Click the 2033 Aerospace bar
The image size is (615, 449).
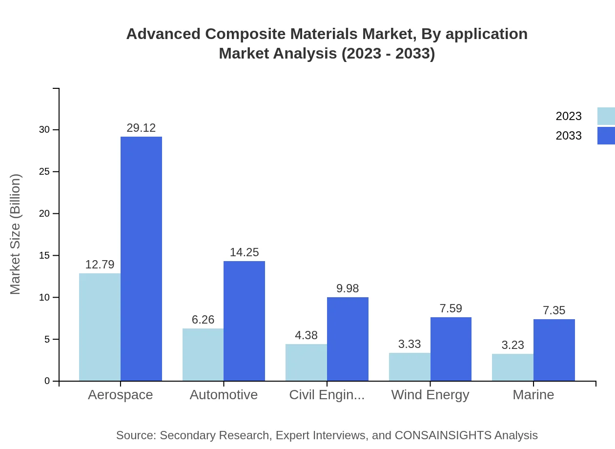pos(141,259)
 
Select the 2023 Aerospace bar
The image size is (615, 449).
pos(100,327)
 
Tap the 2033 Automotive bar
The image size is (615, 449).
pos(244,321)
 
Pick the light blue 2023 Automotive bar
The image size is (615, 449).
pos(203,354)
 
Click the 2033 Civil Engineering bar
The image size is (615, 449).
pos(348,339)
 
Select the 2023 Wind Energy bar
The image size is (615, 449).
pos(410,367)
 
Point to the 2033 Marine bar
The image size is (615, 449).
pos(554,350)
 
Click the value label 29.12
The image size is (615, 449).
pos(141,128)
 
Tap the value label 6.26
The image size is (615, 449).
pos(203,320)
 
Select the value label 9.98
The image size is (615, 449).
pos(348,288)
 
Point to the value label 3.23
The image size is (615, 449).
pos(512,345)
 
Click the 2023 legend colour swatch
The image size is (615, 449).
pos(606,116)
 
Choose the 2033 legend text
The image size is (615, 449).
pos(569,136)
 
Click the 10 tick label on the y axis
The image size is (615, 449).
pos(45,297)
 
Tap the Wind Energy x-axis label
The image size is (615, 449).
pos(430,394)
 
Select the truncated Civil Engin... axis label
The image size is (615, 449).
pos(327,394)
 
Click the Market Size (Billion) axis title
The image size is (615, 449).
pos(16,234)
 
